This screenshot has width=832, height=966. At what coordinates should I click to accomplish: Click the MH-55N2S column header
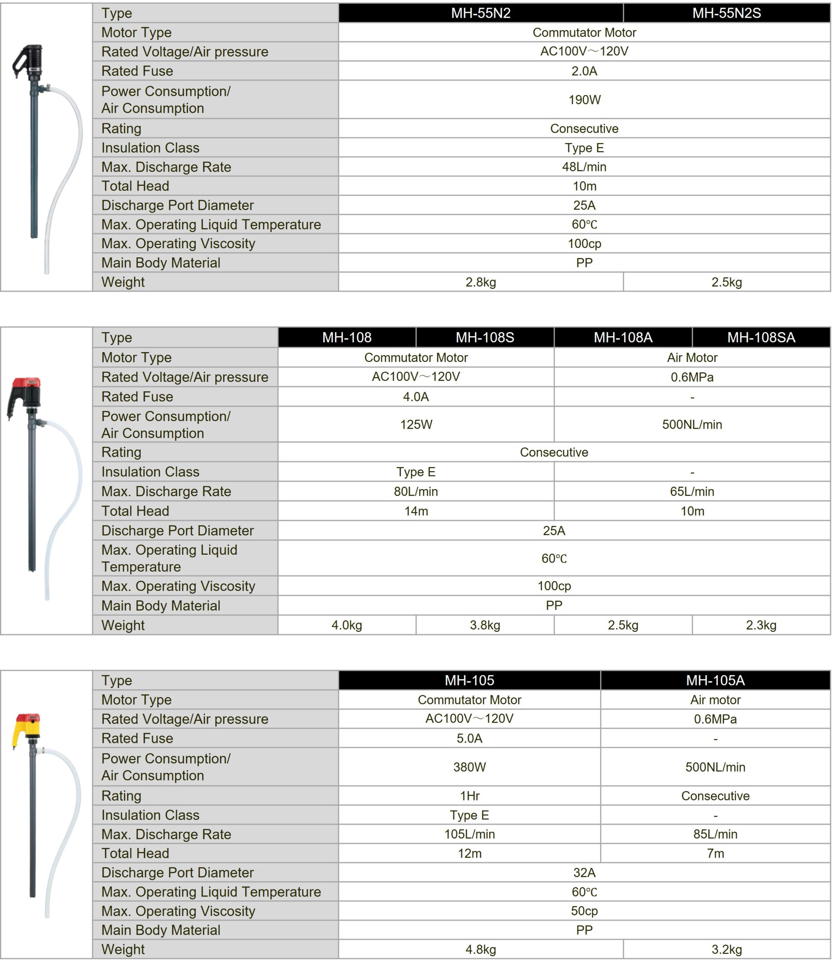726,13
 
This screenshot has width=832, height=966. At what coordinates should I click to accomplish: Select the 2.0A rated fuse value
584,71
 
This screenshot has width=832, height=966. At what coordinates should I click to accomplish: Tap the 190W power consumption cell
584,100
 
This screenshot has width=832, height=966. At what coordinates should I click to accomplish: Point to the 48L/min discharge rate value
584,167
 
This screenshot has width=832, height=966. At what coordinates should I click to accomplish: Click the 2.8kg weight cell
480,282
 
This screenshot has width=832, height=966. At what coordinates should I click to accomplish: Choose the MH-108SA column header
761,338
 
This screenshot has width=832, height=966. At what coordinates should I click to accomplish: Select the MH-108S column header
485,338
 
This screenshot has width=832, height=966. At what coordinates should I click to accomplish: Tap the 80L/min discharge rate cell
416,491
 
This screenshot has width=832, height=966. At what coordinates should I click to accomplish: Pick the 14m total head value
416,511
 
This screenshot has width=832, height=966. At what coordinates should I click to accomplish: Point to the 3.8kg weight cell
485,625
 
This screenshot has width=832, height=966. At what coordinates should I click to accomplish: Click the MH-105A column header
715,680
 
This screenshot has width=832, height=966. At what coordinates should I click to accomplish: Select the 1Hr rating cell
470,796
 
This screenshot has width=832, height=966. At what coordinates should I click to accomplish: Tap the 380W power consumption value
470,767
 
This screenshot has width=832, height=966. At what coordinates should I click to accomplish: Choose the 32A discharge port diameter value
584,873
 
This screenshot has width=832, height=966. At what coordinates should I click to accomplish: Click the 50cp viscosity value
584,911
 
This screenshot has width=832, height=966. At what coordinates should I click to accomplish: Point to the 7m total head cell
715,854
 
